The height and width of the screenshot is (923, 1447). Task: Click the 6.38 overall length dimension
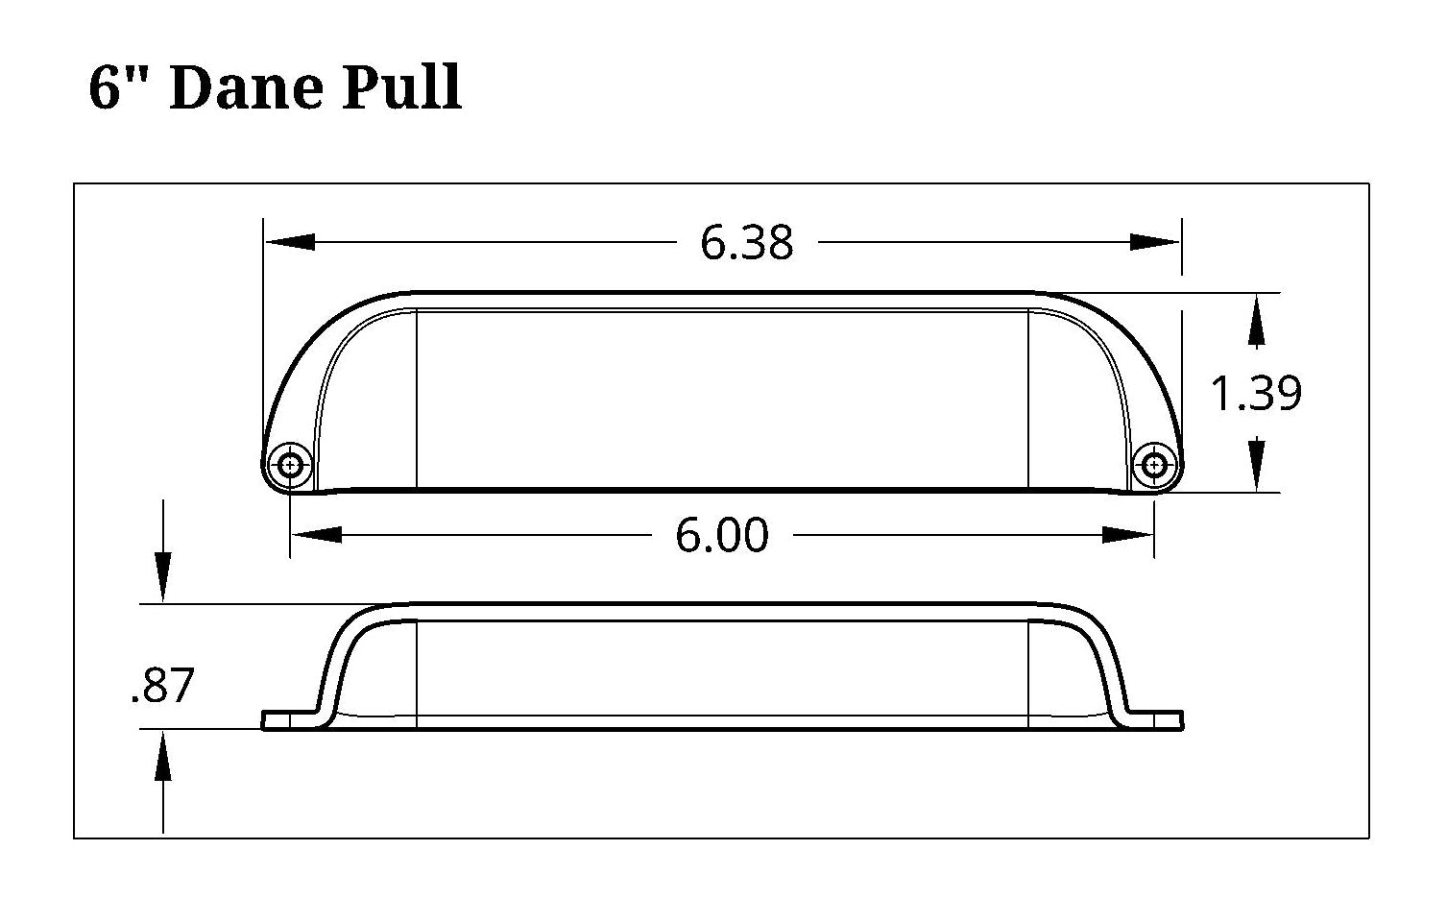coord(746,242)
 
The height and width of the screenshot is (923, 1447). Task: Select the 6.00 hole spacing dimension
coord(722,535)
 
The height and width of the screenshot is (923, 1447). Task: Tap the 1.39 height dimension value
coord(1256,394)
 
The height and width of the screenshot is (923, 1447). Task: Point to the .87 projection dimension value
coord(162,686)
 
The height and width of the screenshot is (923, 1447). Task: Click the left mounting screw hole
coord(290,465)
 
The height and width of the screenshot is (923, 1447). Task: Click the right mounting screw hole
coord(1153,465)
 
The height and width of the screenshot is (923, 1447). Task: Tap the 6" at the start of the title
coord(121,88)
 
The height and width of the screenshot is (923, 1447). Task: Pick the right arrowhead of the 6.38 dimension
coord(1155,242)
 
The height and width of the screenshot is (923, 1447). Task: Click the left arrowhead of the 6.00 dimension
coord(316,535)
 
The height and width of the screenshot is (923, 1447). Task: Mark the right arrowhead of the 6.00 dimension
coord(1127,535)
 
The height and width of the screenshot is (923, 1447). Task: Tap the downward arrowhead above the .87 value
coord(163,577)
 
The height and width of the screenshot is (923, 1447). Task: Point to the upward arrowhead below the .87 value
coord(163,755)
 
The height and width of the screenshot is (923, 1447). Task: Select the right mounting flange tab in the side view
coord(1158,720)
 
